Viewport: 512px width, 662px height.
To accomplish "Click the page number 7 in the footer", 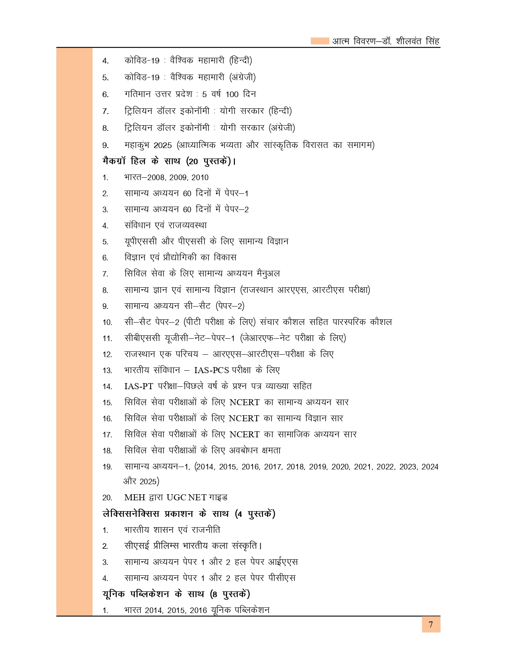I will tap(431, 625).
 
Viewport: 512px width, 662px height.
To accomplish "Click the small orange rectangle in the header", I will tap(320, 41).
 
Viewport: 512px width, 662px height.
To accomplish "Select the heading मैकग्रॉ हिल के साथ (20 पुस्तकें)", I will tap(169, 161).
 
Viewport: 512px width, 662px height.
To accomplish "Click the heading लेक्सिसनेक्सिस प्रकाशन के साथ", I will tap(189, 514).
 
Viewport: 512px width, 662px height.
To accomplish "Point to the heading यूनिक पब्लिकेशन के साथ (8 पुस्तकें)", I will tap(176, 594).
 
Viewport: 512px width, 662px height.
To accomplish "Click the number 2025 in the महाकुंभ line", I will tap(162, 145).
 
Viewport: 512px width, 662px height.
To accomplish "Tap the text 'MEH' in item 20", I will tap(135, 498).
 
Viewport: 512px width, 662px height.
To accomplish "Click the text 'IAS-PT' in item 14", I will tap(139, 386).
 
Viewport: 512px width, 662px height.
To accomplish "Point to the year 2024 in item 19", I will tap(430, 467).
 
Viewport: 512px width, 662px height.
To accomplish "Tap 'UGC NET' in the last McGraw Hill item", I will tap(186, 498).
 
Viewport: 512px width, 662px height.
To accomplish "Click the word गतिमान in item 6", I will tap(137, 94).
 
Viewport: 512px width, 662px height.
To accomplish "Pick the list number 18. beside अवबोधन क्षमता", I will tap(107, 451).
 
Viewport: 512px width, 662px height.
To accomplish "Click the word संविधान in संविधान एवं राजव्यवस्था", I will tap(137, 225).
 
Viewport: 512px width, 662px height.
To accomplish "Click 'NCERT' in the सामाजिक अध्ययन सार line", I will tap(245, 434).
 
